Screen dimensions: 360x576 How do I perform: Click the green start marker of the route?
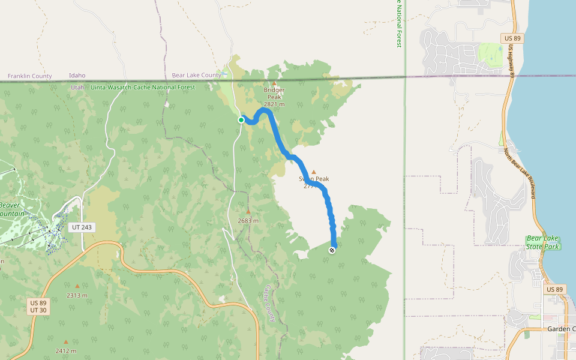[241, 120]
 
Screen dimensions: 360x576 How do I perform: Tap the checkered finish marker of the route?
[332, 250]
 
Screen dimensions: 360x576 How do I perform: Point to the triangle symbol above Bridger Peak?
[275, 83]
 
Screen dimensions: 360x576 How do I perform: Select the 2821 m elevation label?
[274, 104]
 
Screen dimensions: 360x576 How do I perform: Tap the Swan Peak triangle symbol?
[313, 172]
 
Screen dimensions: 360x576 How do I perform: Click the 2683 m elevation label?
[248, 220]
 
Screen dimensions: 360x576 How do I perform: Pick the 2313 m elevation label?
[77, 295]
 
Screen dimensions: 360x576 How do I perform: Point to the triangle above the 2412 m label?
[66, 342]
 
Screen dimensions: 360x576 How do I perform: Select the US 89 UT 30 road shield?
[38, 306]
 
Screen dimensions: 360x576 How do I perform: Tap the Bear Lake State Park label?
[543, 242]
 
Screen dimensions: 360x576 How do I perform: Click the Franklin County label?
[29, 76]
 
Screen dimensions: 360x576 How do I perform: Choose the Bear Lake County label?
[196, 76]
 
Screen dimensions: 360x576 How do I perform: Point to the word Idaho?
[77, 76]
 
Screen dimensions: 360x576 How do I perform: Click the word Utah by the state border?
[78, 87]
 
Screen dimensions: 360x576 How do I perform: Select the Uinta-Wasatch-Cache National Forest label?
[143, 87]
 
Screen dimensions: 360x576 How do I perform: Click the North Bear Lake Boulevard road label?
[520, 174]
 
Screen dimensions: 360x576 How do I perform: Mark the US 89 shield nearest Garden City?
[555, 289]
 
